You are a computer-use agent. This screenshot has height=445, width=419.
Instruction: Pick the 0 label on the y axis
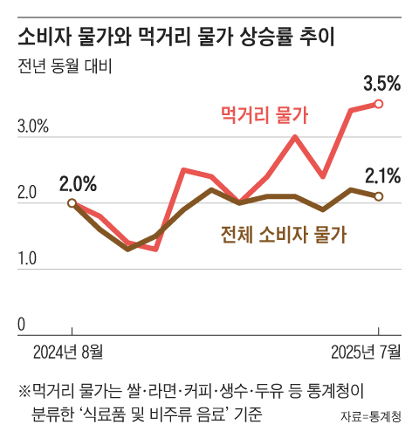[x=21, y=325]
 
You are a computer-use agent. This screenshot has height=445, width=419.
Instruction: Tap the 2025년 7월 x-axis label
[x=367, y=353]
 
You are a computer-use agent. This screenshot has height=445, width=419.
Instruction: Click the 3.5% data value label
[x=381, y=85]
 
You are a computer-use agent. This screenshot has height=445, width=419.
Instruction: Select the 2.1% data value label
[x=381, y=176]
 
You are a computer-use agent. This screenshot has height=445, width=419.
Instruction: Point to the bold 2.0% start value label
[x=78, y=184]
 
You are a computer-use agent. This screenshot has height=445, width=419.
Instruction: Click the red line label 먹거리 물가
[x=265, y=113]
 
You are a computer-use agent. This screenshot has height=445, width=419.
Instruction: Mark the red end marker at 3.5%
[x=379, y=104]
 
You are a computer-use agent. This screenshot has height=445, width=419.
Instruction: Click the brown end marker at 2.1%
[x=379, y=196]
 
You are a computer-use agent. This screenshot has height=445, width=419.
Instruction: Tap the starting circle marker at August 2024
[x=72, y=203]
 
